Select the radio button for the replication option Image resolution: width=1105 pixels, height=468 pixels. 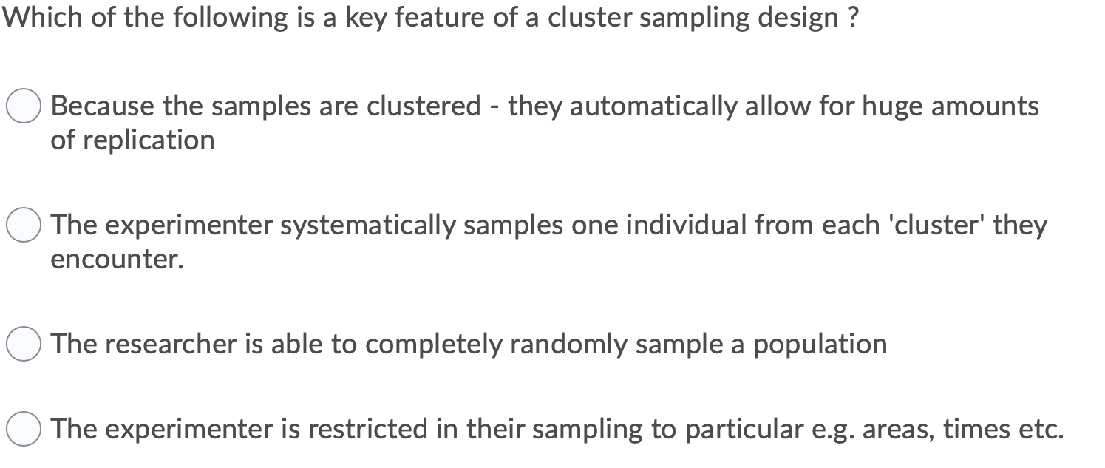24,107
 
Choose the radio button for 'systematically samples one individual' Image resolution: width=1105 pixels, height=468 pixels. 24,225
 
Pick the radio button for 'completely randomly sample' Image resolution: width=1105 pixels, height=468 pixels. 24,345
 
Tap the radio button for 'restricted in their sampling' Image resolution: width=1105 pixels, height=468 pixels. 24,429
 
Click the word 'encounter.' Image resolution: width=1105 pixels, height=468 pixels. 117,260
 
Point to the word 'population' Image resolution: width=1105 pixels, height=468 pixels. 820,345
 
